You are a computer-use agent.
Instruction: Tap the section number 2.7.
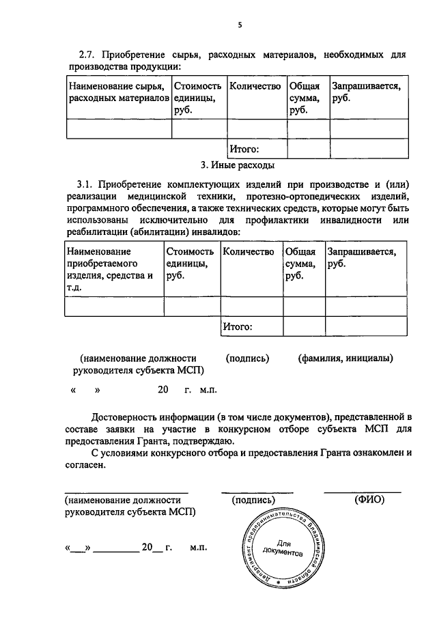click(x=89, y=55)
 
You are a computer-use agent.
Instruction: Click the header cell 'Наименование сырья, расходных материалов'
click(x=118, y=93)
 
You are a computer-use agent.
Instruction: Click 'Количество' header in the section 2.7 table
click(x=255, y=87)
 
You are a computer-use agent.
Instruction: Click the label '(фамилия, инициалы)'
click(x=346, y=358)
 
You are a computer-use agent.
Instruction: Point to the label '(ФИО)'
click(x=369, y=499)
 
